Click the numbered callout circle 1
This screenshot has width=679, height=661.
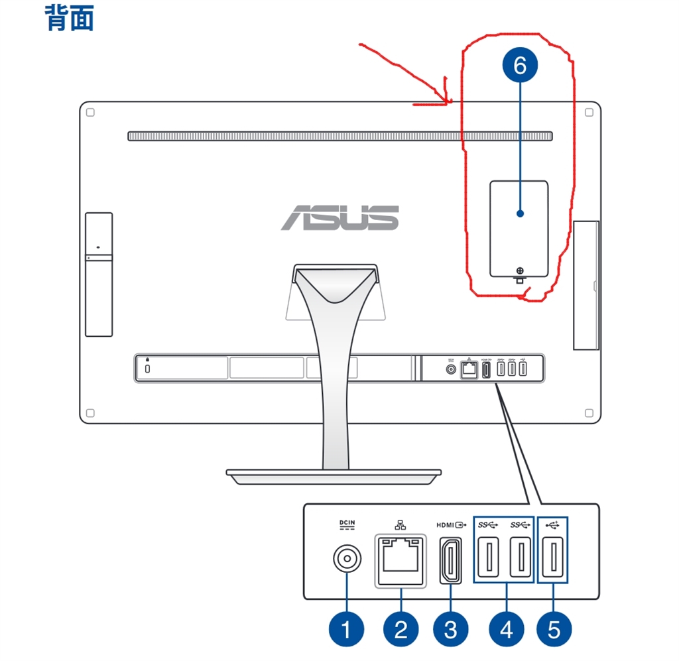coord(346,629)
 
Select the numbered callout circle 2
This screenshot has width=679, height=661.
coord(401,629)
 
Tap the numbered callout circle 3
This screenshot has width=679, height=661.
coord(451,629)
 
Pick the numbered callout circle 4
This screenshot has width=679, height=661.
coord(506,629)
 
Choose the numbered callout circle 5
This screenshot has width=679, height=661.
coord(554,629)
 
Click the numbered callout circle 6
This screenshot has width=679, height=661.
coord(520,65)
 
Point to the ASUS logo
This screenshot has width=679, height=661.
coord(340,217)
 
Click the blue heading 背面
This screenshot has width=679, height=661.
coord(69,18)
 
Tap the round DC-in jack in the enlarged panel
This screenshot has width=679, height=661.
coord(347,558)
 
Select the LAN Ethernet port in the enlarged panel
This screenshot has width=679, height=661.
coord(401,561)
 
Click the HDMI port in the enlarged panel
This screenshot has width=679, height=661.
coord(451,561)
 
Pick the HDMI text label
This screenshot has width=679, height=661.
coord(445,525)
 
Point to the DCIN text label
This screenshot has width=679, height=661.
coord(347,522)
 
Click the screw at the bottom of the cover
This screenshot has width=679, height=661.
coord(520,271)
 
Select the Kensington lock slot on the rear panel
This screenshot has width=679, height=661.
coord(147,369)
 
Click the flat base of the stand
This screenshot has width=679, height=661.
coord(334,477)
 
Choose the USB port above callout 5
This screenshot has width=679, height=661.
coord(553,558)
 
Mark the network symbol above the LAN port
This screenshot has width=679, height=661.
coord(401,525)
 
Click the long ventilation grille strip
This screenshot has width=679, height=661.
coord(340,137)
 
